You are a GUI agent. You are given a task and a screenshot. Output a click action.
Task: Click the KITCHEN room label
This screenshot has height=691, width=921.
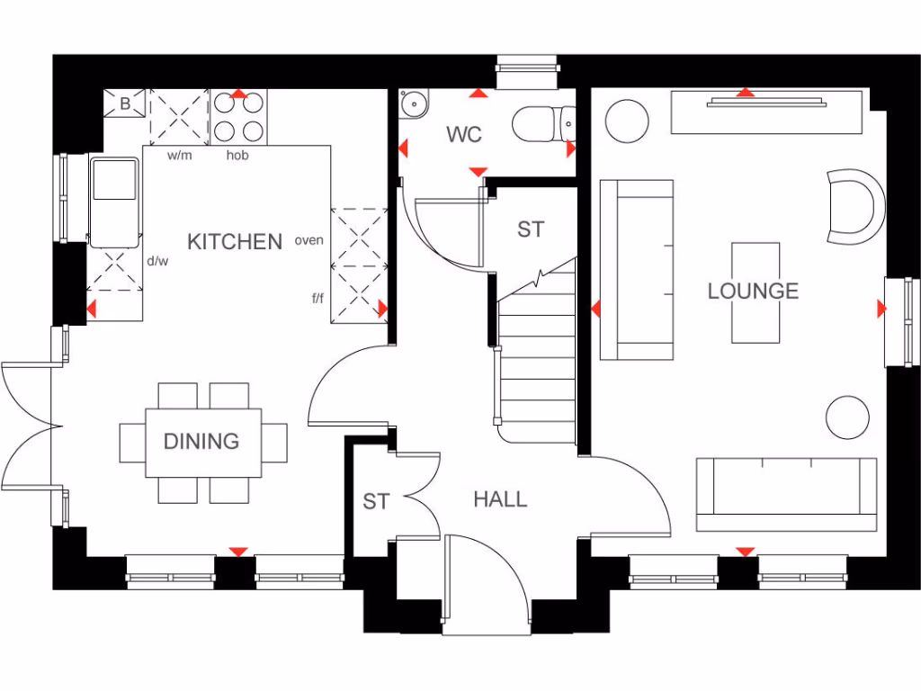(x=234, y=241)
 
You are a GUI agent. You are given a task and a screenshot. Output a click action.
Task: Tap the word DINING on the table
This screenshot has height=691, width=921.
(x=201, y=441)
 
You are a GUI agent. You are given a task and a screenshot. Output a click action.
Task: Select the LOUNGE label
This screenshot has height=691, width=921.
(x=753, y=291)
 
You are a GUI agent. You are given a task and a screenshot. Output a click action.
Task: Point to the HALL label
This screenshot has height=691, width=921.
(x=500, y=499)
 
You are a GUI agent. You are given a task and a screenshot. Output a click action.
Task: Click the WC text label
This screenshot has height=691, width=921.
(x=464, y=135)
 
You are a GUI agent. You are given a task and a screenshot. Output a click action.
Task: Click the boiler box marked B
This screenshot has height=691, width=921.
(x=125, y=104)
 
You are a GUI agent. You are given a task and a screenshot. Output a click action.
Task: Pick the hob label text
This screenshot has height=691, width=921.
(x=237, y=156)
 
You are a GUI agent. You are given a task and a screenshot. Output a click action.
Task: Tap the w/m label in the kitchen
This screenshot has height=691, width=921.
(x=180, y=156)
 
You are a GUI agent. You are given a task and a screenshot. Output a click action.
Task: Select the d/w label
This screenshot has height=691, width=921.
(x=157, y=261)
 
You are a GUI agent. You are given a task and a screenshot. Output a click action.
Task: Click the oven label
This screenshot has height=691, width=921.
(x=308, y=240)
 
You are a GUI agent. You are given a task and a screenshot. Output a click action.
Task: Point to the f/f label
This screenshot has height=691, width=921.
(x=317, y=297)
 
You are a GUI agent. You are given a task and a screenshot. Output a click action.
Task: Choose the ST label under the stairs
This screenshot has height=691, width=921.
(x=531, y=229)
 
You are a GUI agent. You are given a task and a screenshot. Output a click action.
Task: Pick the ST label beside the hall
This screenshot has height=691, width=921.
(x=376, y=501)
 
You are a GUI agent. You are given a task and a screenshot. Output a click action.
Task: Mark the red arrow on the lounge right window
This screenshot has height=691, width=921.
(x=881, y=310)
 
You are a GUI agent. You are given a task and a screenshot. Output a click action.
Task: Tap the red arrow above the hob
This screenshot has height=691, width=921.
(x=238, y=94)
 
